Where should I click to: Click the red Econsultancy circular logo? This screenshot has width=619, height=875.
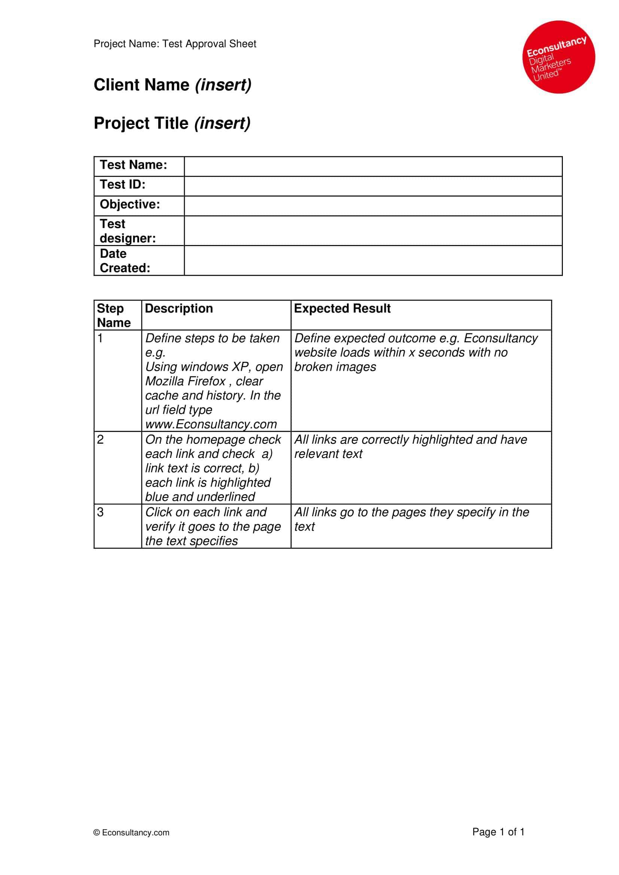[558, 57]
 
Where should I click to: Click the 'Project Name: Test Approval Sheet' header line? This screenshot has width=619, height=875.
[174, 44]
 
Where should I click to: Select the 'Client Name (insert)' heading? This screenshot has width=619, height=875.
[172, 85]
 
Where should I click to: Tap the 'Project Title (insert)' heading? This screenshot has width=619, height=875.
[172, 123]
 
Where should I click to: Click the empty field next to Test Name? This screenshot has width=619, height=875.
[373, 166]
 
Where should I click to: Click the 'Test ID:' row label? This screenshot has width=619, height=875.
[122, 184]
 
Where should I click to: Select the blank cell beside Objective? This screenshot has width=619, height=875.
[373, 206]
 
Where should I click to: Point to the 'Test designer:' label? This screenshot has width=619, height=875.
[127, 230]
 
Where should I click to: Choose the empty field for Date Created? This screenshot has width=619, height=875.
[373, 260]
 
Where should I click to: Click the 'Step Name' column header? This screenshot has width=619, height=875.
[114, 315]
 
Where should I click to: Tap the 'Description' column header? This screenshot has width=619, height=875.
[179, 308]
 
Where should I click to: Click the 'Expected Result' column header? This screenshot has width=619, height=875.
[342, 308]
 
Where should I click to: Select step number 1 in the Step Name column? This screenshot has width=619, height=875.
[100, 338]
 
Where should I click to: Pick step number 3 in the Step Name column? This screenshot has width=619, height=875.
[100, 512]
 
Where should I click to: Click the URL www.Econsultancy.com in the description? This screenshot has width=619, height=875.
[211, 424]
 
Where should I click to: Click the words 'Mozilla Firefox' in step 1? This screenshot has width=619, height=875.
[186, 381]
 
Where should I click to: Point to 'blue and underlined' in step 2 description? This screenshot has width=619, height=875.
[200, 497]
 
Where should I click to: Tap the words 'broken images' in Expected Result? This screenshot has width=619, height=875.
[335, 367]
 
